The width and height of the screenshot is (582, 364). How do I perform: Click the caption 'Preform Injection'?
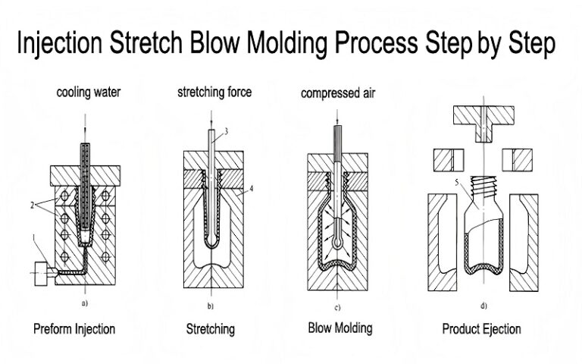click(x=74, y=329)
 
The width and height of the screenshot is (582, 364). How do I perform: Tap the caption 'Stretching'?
click(x=210, y=329)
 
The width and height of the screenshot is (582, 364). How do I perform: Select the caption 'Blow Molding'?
click(x=339, y=328)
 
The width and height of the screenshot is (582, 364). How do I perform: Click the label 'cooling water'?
click(x=88, y=93)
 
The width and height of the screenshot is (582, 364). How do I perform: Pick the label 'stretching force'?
click(x=214, y=93)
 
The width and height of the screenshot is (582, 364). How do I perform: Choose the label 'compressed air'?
click(x=338, y=94)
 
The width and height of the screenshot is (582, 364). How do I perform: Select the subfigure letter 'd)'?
click(x=483, y=306)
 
